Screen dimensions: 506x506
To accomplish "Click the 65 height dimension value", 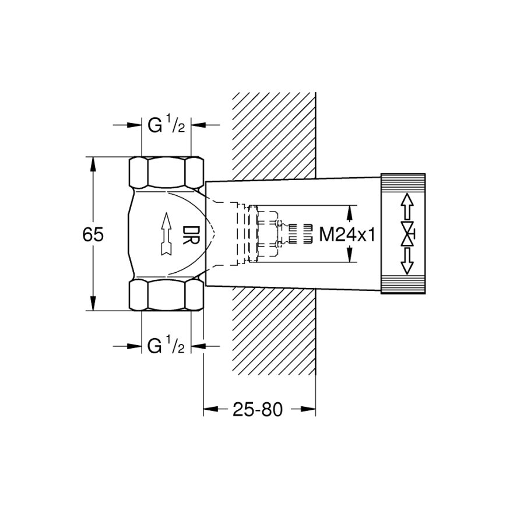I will tap(93, 234).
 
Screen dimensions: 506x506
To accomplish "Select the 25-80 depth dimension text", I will tap(257, 410).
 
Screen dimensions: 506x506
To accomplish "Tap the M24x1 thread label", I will tap(346, 234).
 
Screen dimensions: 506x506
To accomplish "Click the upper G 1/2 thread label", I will tap(166, 125).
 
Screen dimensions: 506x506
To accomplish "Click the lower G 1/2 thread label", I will tap(166, 346).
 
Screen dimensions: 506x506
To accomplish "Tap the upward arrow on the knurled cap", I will tap(406, 206).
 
